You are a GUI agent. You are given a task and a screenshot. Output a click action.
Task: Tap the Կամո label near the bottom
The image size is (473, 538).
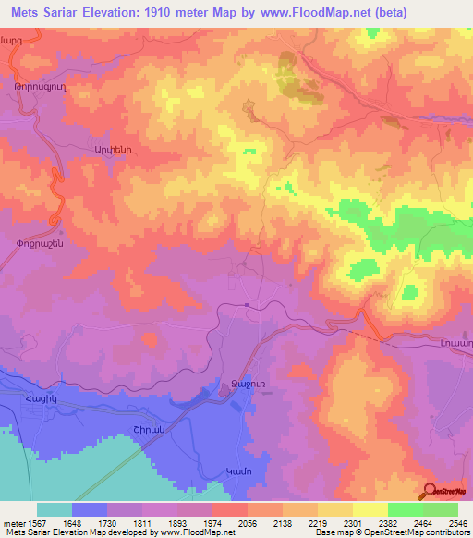pyautogui.click(x=238, y=472)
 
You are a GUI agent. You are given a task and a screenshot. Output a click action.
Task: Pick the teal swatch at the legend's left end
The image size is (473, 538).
pyautogui.click(x=55, y=509)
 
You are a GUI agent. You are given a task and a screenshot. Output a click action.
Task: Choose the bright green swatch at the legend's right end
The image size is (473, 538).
pyautogui.click(x=440, y=509)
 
